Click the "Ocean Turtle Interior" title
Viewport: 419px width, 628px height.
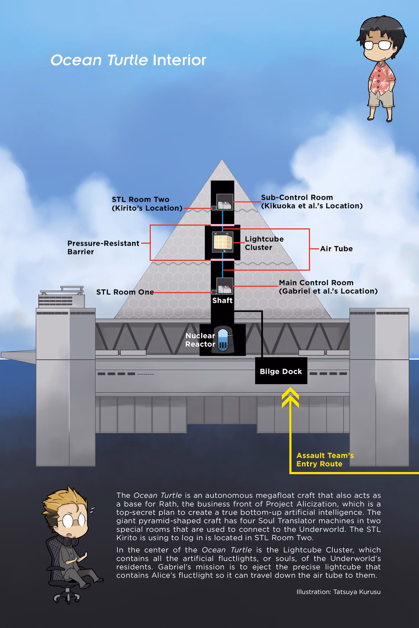[x=128, y=60]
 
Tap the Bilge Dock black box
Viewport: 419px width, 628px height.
[x=281, y=371]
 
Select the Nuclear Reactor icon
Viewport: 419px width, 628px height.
[x=223, y=340]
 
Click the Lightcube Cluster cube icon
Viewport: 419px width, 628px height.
[x=223, y=242]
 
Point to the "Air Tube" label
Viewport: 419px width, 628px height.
[x=336, y=249]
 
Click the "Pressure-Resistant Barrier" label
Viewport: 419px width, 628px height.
[x=103, y=247]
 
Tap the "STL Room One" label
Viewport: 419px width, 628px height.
[x=125, y=292]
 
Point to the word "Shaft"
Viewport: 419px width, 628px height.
[x=222, y=300]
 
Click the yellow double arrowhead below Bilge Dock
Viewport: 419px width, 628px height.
[x=290, y=398]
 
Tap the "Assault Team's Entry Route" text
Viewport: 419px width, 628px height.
[x=325, y=460]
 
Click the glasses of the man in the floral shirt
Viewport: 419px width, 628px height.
[x=377, y=45]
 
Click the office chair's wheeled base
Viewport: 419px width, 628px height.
[x=67, y=595]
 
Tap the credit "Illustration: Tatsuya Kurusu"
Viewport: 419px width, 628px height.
[x=338, y=592]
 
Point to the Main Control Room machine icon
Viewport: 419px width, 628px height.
[x=224, y=287]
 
